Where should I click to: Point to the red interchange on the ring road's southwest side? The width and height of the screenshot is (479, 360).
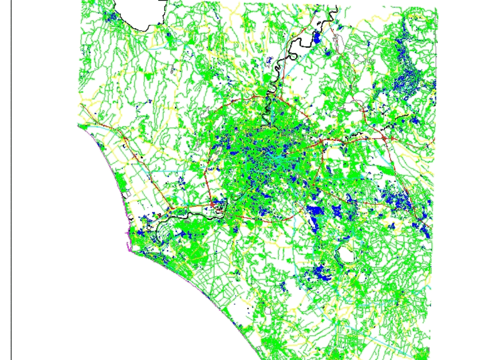pos(211,204)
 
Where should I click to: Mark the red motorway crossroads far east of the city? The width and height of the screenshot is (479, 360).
pos(383,139)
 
